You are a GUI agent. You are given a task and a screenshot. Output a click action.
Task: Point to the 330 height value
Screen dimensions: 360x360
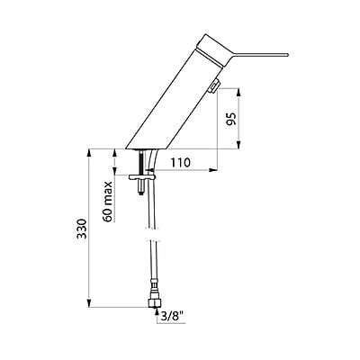pyautogui.click(x=80, y=229)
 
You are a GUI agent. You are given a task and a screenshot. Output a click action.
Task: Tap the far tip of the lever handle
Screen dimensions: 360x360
pyautogui.click(x=286, y=54)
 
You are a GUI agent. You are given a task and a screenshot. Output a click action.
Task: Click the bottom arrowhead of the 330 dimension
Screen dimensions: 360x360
pyautogui.click(x=90, y=307)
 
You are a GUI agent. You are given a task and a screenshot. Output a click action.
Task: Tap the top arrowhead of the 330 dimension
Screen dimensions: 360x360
pyautogui.click(x=90, y=151)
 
